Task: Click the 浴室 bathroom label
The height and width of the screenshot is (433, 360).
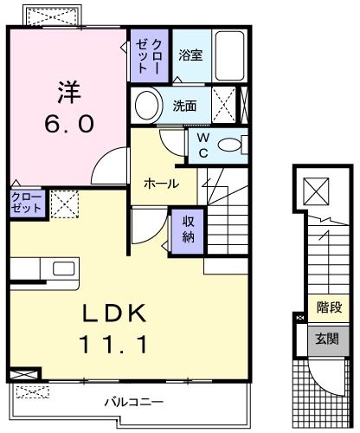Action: (190, 55)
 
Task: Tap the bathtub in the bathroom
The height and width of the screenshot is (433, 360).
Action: (229, 55)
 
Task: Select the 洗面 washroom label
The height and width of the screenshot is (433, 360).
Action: (184, 107)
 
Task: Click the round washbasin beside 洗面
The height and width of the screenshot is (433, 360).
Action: (148, 107)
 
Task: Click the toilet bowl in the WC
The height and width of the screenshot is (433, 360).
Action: (230, 145)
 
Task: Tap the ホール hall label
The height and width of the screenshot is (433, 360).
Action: (161, 184)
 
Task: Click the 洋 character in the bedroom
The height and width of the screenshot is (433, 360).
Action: (69, 88)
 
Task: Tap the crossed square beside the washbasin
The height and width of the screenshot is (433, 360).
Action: (223, 106)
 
